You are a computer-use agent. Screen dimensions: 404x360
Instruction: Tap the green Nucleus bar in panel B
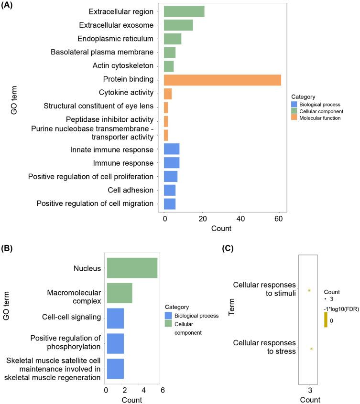pos(132,268)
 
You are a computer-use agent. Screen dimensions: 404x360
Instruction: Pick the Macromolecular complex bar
pos(120,293)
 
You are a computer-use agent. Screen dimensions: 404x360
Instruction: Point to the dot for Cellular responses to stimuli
pos(309,290)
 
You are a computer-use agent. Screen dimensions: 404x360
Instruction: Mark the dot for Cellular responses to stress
pos(311,349)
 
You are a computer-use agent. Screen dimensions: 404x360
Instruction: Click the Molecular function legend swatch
pos(295,118)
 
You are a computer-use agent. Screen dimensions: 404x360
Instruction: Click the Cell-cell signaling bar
pos(115,318)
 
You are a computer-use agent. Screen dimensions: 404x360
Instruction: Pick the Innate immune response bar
pos(172,149)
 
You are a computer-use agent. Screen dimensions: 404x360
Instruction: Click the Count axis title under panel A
pos(221,229)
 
